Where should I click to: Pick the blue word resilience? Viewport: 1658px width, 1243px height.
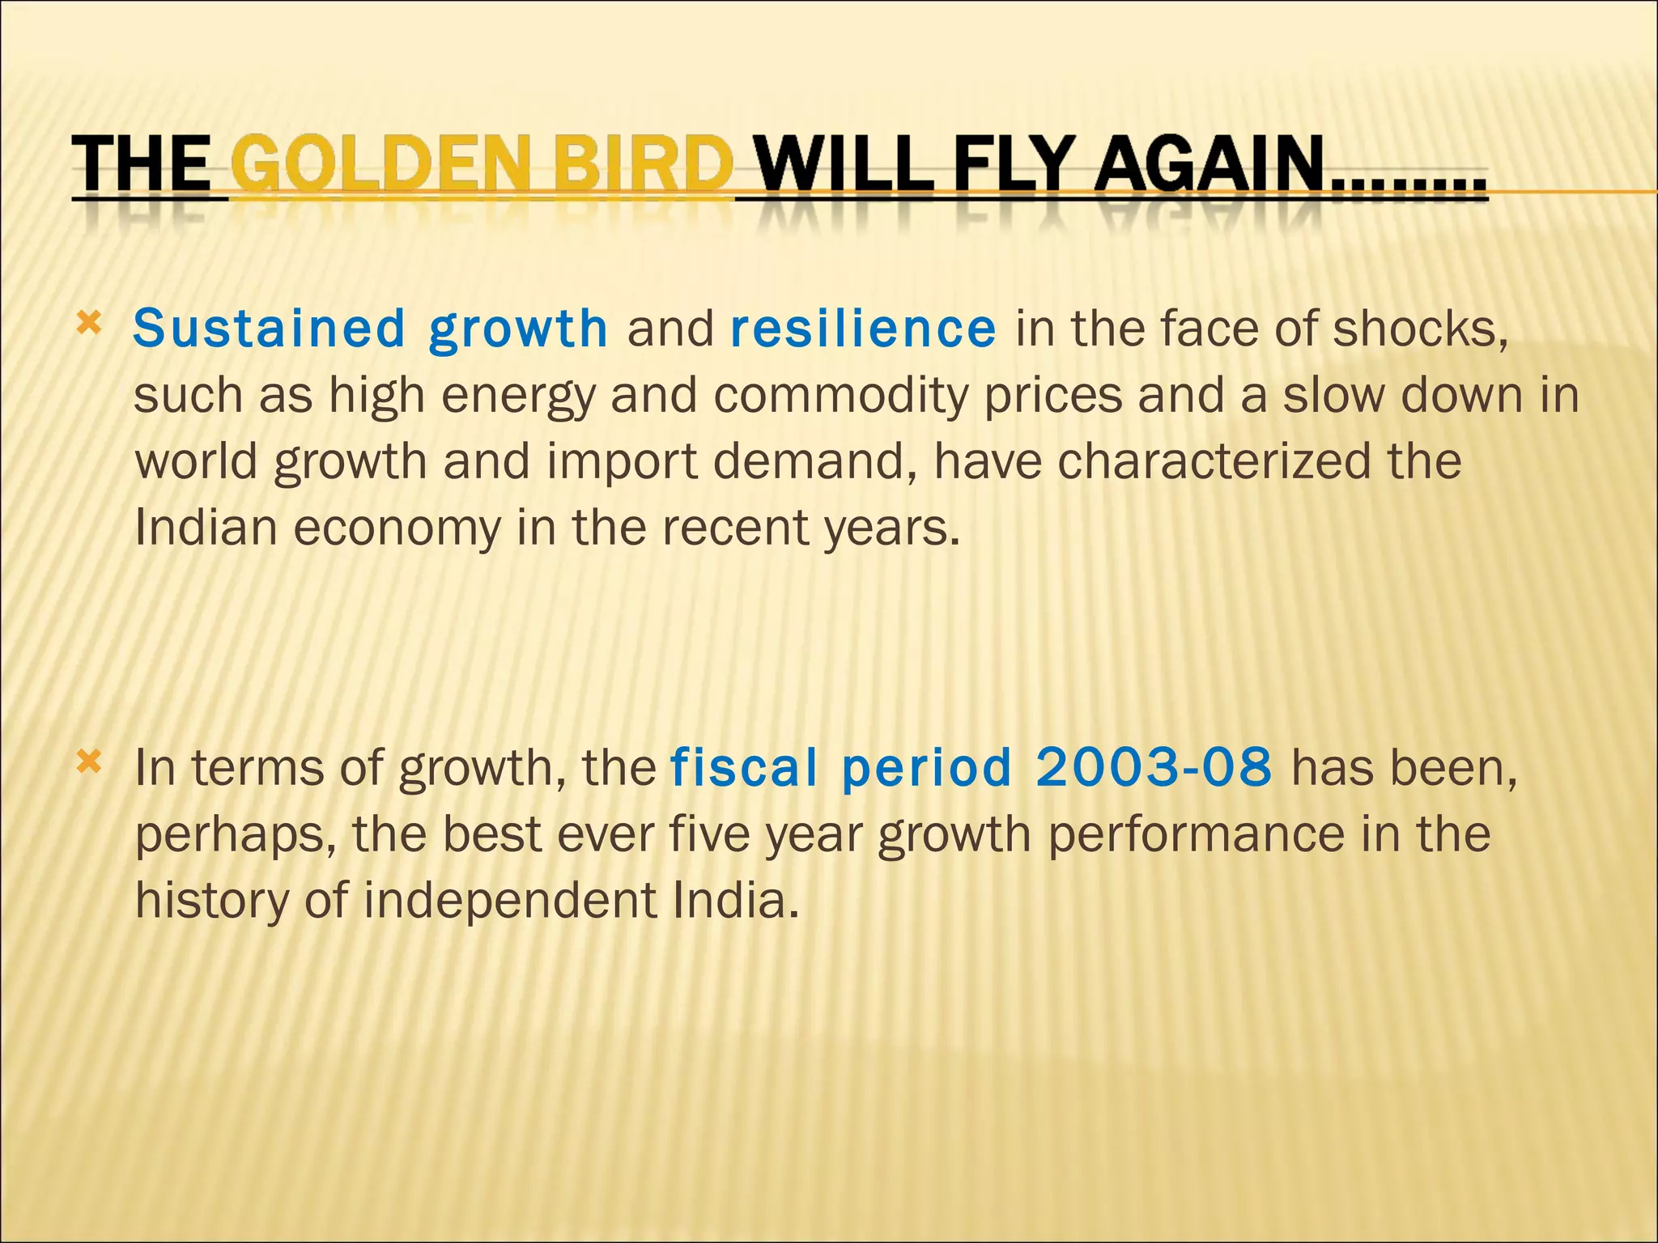(x=863, y=329)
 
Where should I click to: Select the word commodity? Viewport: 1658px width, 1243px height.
(x=840, y=396)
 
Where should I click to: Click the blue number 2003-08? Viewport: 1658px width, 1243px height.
(x=1153, y=767)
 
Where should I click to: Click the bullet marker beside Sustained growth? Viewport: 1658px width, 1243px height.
(x=88, y=325)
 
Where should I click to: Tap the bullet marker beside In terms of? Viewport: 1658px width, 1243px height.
(x=88, y=761)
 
